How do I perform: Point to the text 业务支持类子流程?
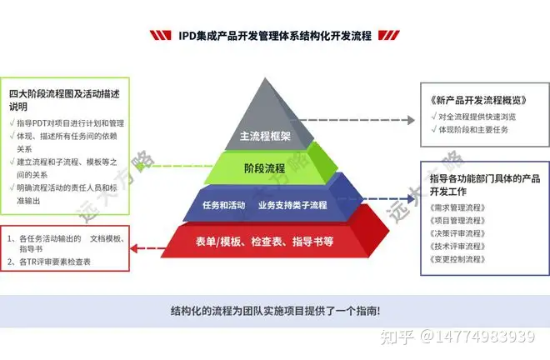point(292,204)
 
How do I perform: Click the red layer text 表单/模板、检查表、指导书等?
point(264,242)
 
